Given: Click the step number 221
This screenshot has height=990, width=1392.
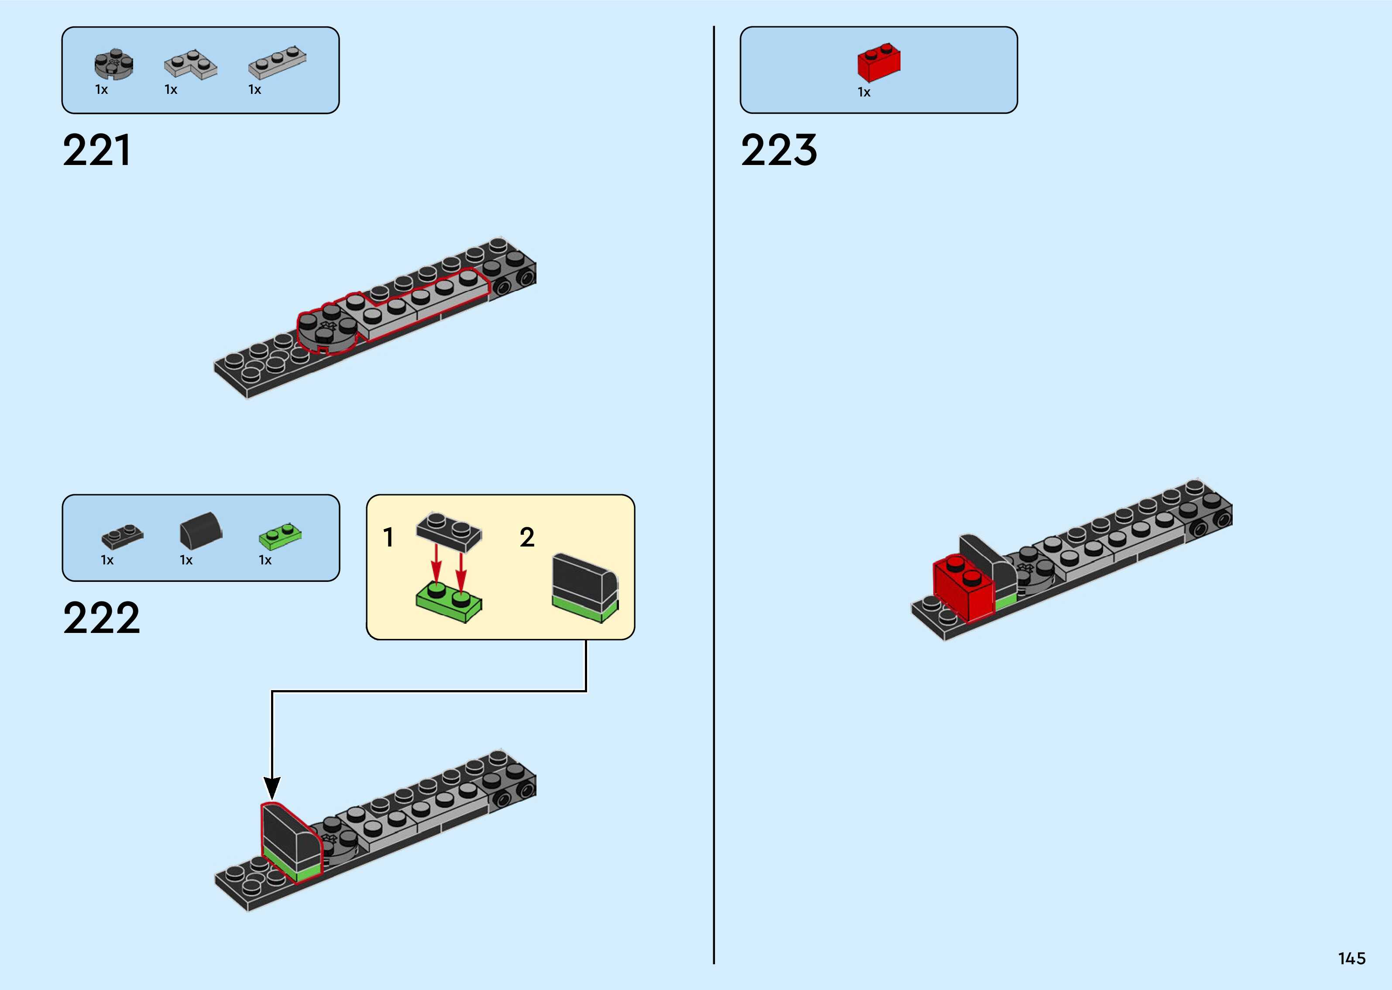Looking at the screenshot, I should pos(96,150).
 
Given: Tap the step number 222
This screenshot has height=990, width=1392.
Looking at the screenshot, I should pos(101,618).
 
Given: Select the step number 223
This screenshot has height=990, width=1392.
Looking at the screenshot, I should pos(778,150).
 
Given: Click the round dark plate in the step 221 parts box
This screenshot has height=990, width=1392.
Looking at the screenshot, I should pos(113,65).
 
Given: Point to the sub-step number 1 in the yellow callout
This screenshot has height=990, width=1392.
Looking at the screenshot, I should pos(388,538).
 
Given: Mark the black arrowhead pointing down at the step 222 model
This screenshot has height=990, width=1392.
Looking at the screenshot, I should pos(272,787).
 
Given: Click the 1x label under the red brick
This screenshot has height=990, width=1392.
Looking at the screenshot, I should pos(863,92).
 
